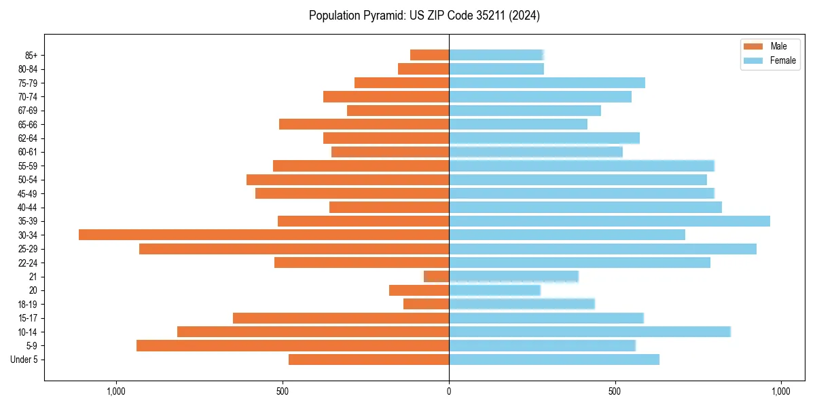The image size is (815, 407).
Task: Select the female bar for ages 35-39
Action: click(x=609, y=221)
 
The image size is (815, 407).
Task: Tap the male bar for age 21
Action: click(x=437, y=276)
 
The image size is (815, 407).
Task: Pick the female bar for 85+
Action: click(x=496, y=55)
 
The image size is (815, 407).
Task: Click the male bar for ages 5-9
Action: click(x=292, y=345)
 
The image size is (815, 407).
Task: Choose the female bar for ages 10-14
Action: click(x=590, y=332)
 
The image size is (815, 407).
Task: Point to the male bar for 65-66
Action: click(x=364, y=124)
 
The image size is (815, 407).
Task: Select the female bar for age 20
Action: click(x=494, y=290)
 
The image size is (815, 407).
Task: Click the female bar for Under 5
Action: click(x=554, y=360)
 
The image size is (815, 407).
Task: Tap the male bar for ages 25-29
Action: click(x=294, y=249)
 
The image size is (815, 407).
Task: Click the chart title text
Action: click(x=424, y=16)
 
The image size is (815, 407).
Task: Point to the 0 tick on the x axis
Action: click(x=449, y=392)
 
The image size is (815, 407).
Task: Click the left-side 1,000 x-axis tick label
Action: click(x=116, y=392)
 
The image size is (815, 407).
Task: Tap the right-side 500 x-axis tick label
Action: click(x=615, y=392)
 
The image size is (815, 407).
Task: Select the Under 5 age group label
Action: click(x=24, y=360)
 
